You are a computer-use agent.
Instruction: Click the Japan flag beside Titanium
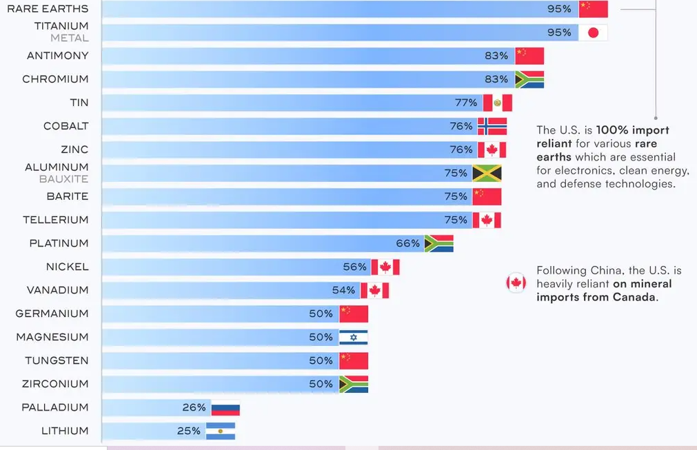tap(593, 32)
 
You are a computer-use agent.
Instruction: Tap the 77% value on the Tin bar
tap(466, 103)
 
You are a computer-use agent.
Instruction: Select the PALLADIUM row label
tap(55, 407)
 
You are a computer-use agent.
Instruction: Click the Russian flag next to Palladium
tap(225, 408)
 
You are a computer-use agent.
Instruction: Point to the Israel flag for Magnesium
tap(354, 337)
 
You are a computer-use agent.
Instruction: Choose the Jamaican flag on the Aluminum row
tap(487, 173)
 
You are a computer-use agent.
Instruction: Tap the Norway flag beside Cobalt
tap(492, 126)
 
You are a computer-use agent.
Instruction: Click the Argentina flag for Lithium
tap(221, 431)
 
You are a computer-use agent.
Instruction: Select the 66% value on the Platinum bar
tap(408, 243)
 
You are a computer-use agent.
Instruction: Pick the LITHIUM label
tap(65, 431)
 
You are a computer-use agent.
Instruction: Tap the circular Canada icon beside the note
tap(516, 283)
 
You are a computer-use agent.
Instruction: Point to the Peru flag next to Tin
tap(498, 103)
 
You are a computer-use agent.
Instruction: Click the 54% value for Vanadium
tap(343, 290)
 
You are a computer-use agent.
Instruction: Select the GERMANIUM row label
tap(52, 314)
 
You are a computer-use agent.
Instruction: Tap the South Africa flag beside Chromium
tap(529, 79)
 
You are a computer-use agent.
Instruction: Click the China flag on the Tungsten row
tap(354, 360)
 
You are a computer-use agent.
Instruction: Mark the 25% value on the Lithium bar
tap(189, 431)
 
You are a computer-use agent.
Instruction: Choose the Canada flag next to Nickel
tap(385, 267)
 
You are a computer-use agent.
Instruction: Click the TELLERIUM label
tap(56, 220)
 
